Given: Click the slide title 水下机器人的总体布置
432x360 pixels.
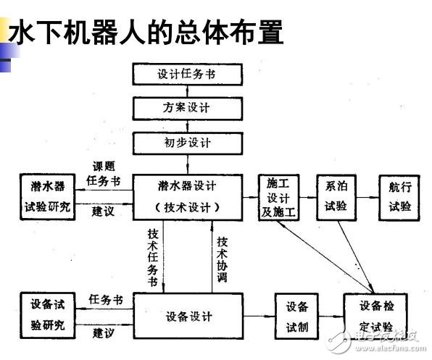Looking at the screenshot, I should (145, 33).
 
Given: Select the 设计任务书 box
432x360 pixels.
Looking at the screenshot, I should (186, 74).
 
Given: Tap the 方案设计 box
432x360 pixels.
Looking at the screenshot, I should (186, 107).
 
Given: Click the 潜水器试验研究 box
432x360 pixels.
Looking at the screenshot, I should (47, 196).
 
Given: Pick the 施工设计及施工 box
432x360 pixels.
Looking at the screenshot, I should (279, 196).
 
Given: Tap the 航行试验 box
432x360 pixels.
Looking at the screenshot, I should (399, 196).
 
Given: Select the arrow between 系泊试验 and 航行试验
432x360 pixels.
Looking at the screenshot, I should (368, 196).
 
